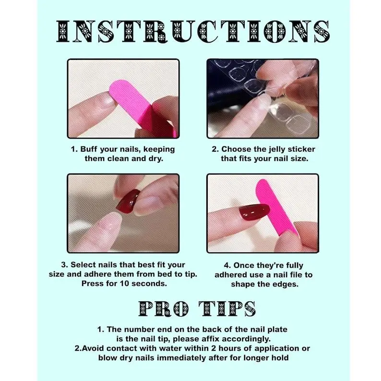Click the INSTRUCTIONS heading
[x=193, y=31]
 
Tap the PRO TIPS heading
[x=197, y=309]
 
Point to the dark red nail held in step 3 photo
[x=128, y=201]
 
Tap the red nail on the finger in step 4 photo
[x=254, y=212]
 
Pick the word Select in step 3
[x=82, y=264]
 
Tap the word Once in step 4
[x=244, y=265]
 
